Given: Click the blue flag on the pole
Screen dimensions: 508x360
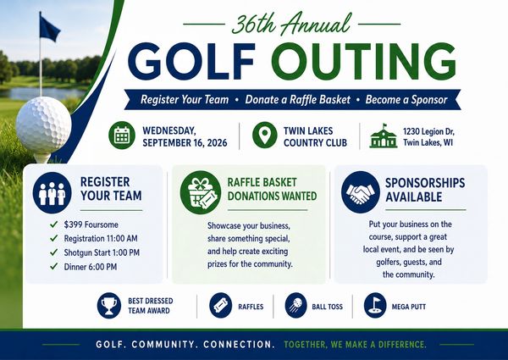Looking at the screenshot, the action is (50, 28).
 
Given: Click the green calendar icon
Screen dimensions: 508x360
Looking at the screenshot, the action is (122, 136).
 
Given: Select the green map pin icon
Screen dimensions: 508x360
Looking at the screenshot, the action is (265, 135).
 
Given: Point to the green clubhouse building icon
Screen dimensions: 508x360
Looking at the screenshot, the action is (384, 136).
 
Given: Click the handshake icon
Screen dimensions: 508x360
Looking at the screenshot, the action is (361, 192).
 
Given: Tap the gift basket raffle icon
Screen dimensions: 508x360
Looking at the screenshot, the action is (201, 192).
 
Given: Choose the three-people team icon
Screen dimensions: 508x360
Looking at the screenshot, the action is (52, 193).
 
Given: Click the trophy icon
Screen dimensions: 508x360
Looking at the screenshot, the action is (109, 306).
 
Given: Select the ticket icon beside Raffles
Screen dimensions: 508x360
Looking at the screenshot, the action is (221, 305).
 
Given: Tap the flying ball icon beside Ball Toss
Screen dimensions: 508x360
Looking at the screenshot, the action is (295, 305).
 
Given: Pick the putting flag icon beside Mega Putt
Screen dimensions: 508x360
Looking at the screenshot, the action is (375, 305).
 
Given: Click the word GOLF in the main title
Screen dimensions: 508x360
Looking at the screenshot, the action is (192, 62).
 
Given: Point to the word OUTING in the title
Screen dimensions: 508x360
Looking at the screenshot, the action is (364, 62).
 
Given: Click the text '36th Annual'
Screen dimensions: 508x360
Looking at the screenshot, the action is (291, 24).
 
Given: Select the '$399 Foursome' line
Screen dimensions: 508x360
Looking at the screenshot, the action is (91, 224).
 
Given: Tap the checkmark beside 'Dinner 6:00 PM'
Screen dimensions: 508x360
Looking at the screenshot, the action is (54, 266).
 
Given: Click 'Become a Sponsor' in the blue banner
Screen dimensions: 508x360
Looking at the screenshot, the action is (406, 99).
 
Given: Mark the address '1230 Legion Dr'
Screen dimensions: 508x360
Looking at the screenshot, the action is (428, 131).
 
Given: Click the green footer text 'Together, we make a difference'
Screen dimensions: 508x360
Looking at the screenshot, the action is (355, 344).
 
